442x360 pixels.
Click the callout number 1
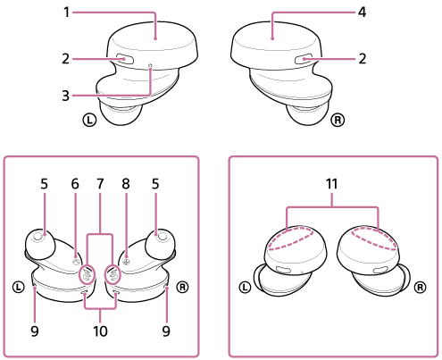pos(67,13)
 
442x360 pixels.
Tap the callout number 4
pos(362,13)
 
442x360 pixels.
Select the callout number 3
pos(66,96)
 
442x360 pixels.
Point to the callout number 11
pos(332,184)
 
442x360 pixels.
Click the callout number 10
pos(100,331)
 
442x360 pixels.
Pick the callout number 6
pos(75,184)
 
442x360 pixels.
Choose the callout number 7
pos(100,184)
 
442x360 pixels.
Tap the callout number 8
pos(126,184)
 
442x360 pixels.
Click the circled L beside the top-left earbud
pos(89,120)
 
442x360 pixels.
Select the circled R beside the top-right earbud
pos(338,120)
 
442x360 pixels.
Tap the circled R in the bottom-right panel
pos(420,288)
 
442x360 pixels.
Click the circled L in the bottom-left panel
pos(19,288)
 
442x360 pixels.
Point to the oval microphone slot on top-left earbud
pos(125,59)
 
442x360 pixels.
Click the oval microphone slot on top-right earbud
pos(303,59)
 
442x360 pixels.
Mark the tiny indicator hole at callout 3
pos(151,65)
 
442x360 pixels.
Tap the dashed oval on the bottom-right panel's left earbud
pos(291,238)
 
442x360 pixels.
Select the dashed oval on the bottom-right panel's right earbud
pos(374,238)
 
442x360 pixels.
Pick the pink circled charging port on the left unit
pos(87,274)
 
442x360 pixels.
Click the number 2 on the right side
pos(362,59)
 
